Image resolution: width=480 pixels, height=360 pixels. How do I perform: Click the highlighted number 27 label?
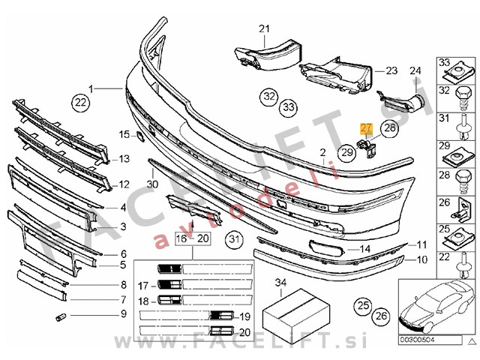click(365, 128)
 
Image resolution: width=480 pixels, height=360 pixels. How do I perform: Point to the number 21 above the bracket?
click(264, 29)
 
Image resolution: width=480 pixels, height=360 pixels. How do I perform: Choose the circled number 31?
click(236, 240)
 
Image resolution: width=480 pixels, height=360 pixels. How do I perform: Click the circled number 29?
click(346, 153)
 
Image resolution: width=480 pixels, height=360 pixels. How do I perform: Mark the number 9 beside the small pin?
click(123, 313)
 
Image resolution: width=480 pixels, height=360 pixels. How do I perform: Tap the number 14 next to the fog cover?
click(365, 249)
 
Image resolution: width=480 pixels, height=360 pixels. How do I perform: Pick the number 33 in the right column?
click(442, 61)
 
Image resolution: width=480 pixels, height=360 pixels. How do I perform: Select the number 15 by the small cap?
click(124, 135)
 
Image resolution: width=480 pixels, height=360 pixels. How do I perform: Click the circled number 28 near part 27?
click(390, 128)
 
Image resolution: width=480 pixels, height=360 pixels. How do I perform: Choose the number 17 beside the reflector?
click(143, 285)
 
